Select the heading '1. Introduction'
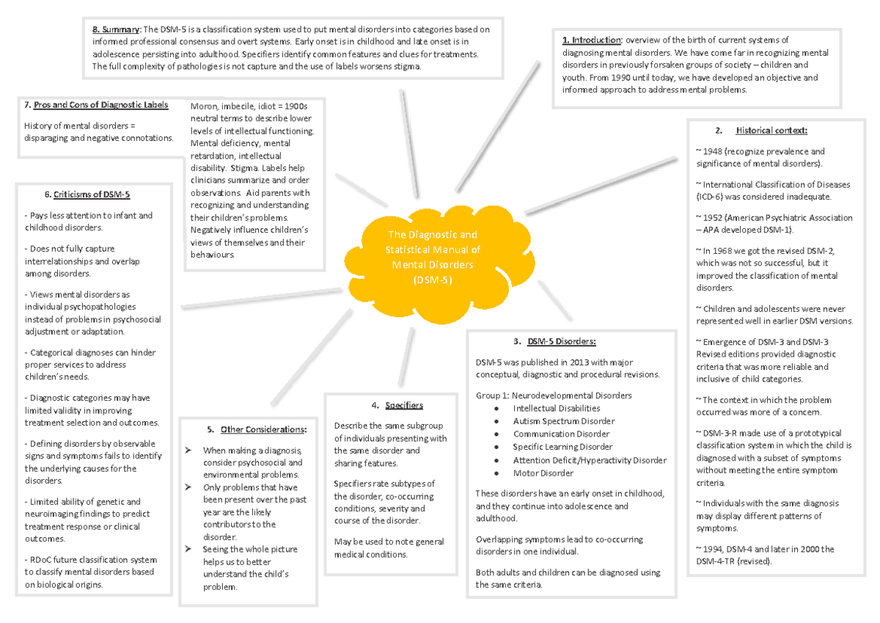click(591, 40)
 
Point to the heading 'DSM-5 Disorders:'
click(560, 340)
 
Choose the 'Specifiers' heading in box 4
click(403, 405)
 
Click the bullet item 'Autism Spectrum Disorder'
click(563, 421)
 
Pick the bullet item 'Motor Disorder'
click(543, 473)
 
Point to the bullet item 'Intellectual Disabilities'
click(557, 408)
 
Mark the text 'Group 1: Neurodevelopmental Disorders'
click(553, 396)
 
